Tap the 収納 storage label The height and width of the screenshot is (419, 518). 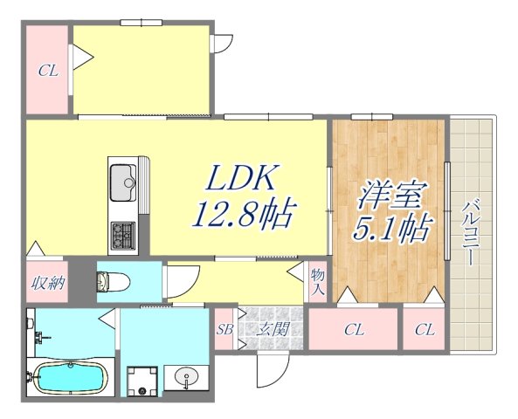click(x=46, y=283)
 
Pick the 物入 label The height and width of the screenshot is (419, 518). click(x=318, y=281)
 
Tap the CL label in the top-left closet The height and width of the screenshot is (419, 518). click(x=47, y=72)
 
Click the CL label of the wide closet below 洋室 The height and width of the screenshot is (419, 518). click(x=353, y=330)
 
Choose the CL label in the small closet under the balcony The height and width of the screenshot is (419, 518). click(x=425, y=330)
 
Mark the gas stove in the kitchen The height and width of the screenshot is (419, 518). click(x=121, y=234)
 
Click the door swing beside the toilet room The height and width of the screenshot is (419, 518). click(x=174, y=284)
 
